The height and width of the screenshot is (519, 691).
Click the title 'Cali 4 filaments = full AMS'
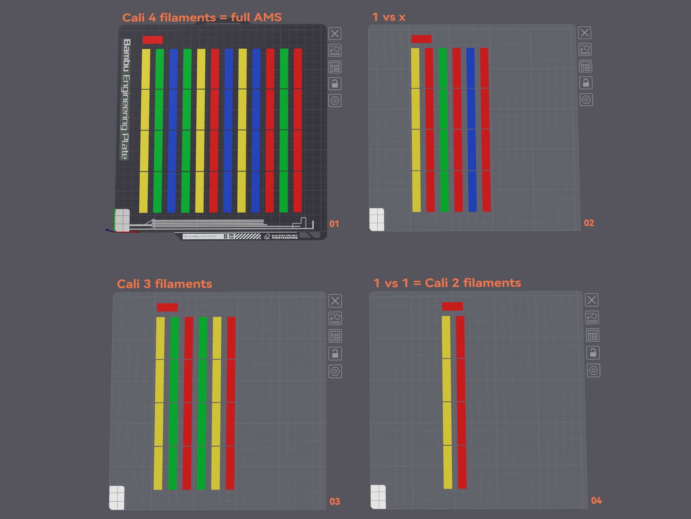pos(202,17)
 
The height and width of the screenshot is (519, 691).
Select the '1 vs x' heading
pos(389,17)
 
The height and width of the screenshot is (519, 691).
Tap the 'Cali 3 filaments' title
pos(164,284)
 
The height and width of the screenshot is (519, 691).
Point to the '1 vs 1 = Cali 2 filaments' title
pos(447,283)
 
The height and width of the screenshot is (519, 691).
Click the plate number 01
pos(334,224)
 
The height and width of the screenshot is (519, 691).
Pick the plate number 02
pos(589,223)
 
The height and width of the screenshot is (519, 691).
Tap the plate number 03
pos(335,502)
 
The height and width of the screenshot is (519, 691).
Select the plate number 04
pos(596,500)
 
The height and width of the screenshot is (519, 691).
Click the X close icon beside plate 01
pos(335,34)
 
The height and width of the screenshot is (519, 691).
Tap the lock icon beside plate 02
pos(586,83)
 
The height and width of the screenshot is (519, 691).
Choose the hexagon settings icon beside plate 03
pos(335,372)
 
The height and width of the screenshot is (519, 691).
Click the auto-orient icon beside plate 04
pos(592,317)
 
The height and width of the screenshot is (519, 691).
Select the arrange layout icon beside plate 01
pos(335,67)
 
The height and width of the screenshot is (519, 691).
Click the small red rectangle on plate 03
pos(167,307)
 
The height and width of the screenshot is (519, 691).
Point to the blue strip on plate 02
pos(471,130)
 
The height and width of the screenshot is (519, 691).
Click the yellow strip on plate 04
pos(447,402)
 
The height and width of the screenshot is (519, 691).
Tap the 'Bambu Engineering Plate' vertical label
pos(126,99)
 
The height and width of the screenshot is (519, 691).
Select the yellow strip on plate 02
pos(416,130)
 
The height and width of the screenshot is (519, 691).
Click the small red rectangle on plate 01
pos(152,40)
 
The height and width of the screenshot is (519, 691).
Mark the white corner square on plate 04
pos(378,497)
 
